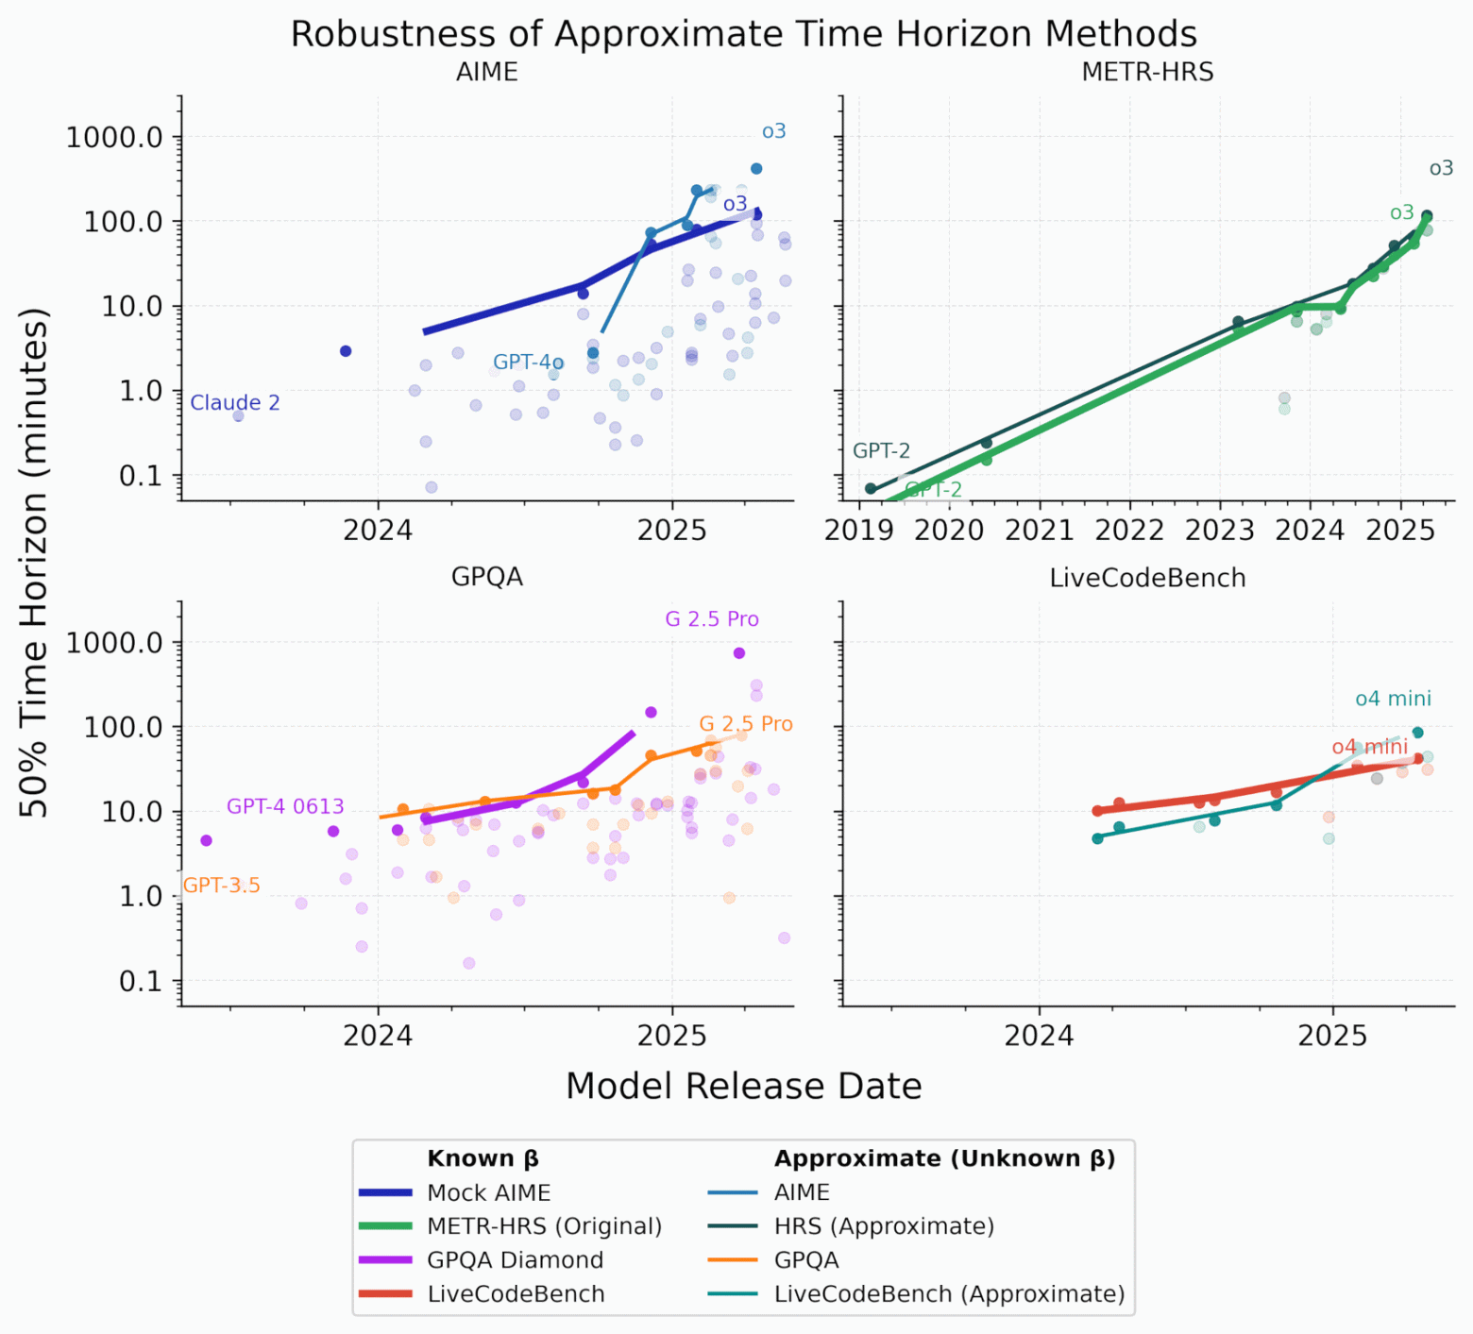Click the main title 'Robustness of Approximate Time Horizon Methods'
click(743, 34)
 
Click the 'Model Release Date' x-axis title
click(743, 1086)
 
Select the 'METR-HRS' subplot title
click(1147, 73)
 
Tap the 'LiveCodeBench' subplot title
click(1147, 578)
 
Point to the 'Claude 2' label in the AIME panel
click(235, 403)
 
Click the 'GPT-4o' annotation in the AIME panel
click(528, 363)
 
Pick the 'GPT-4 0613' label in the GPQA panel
click(285, 807)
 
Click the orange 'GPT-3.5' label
click(221, 886)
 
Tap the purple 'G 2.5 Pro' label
click(712, 619)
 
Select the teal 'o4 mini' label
click(1393, 700)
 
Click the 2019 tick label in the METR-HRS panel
click(858, 530)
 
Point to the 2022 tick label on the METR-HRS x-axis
click(1129, 530)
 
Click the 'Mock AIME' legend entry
click(488, 1193)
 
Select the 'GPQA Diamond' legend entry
click(515, 1260)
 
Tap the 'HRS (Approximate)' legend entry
click(884, 1226)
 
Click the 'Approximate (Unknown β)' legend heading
click(944, 1158)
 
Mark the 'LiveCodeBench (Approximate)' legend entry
click(949, 1294)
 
